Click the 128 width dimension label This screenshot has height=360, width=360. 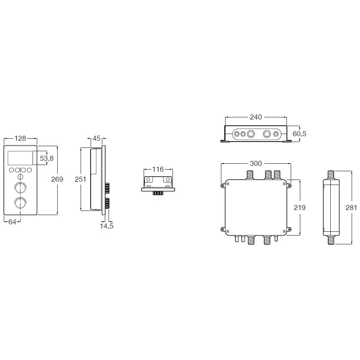20,138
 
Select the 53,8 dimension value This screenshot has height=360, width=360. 47,158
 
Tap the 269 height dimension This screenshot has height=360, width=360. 57,179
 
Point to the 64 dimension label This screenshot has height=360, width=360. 12,222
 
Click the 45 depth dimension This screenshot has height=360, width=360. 96,138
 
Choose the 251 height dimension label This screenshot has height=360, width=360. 80,179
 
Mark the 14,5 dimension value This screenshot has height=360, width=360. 106,226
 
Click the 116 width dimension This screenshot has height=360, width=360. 158,169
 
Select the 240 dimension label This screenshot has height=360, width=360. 256,117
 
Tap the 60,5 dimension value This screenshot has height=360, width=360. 299,134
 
